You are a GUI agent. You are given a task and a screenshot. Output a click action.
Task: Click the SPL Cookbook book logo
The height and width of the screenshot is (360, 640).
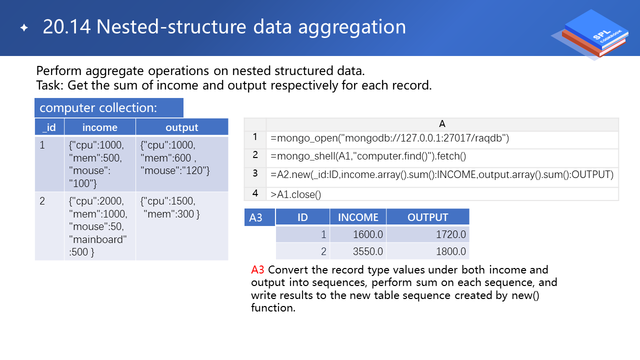(x=591, y=34)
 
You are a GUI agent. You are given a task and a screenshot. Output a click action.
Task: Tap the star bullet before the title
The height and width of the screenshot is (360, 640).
(x=24, y=27)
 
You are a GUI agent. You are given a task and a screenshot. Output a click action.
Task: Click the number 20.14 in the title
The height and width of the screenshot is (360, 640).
(x=66, y=27)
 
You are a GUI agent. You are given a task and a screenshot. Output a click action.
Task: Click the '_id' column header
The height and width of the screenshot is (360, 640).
(x=49, y=127)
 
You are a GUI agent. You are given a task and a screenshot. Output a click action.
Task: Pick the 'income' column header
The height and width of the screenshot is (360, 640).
(x=99, y=127)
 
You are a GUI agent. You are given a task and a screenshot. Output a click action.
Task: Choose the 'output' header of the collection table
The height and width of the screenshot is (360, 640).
(x=182, y=127)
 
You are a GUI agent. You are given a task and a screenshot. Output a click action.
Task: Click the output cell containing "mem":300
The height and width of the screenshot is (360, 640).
(x=182, y=226)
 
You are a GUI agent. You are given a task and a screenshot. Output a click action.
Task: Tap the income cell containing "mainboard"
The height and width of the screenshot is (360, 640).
(x=99, y=226)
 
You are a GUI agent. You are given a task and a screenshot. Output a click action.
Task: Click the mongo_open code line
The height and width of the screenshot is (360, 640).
(x=389, y=138)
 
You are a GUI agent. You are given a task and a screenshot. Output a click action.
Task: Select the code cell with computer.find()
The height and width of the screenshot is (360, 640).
(x=368, y=156)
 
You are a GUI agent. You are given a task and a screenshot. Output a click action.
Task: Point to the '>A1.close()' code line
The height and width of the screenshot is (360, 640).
(x=295, y=194)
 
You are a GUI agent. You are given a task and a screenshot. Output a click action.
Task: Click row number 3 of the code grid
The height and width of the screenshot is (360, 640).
(x=255, y=173)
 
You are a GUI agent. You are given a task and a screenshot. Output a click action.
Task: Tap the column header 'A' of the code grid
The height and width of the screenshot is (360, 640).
(x=442, y=124)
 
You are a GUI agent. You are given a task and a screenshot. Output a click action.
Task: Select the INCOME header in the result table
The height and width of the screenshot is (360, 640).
(x=358, y=217)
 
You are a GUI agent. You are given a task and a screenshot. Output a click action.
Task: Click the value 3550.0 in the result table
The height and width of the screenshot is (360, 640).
(x=367, y=251)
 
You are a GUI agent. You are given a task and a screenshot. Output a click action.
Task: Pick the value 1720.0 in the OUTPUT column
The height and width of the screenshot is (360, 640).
(x=451, y=234)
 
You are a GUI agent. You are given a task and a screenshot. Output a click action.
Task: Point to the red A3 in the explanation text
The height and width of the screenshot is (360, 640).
(x=257, y=269)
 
